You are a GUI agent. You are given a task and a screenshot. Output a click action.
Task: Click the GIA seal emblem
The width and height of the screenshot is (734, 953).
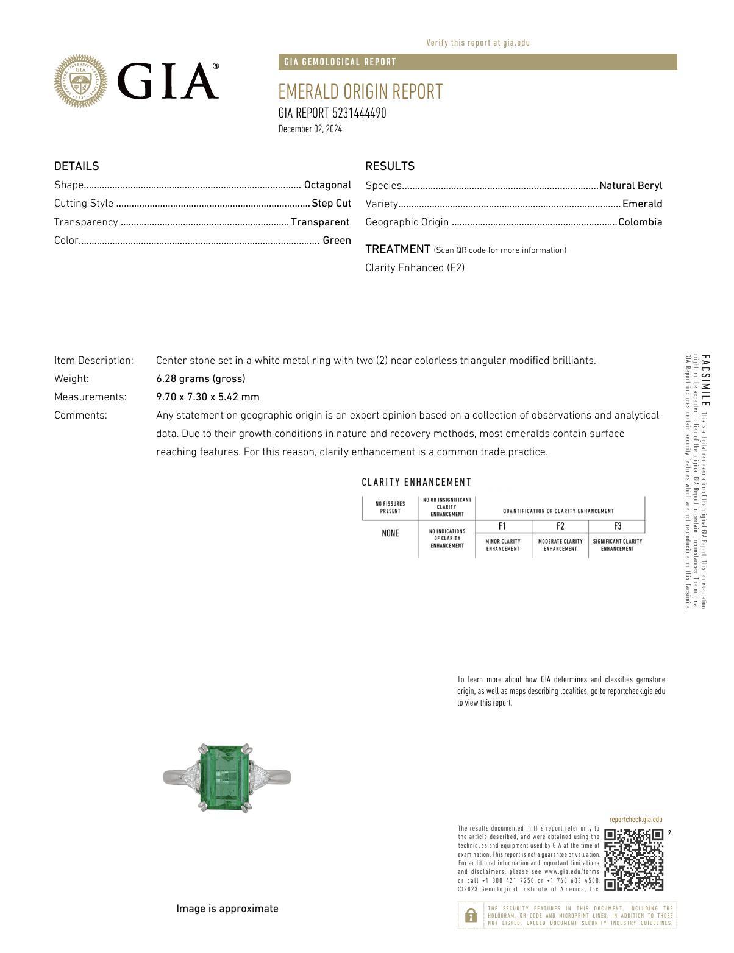[x=80, y=81]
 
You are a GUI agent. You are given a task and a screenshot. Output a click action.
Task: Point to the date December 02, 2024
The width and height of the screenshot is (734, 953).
[x=310, y=129]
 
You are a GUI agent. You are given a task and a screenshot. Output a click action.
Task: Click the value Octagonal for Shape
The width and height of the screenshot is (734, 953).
[x=327, y=185]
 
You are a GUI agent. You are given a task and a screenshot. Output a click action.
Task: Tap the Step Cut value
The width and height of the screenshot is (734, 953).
[x=331, y=204]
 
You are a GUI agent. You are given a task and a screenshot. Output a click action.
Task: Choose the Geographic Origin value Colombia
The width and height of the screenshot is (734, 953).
[x=640, y=222]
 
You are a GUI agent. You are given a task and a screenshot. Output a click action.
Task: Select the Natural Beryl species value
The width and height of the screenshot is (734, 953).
[x=630, y=186]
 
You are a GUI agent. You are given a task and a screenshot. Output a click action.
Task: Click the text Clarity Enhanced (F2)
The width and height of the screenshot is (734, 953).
[x=415, y=268]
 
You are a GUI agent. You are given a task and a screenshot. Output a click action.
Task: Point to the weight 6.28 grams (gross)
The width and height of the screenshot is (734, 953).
[x=201, y=379]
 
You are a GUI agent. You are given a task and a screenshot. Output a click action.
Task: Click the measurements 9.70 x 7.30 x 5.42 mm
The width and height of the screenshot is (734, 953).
[x=207, y=397]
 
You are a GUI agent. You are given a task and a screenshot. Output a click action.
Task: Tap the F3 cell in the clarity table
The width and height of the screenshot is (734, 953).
[x=617, y=526]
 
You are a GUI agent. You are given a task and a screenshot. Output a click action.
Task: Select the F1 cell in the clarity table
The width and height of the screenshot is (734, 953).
[x=502, y=526]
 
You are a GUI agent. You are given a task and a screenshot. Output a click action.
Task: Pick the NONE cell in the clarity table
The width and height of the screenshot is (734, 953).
[x=390, y=534]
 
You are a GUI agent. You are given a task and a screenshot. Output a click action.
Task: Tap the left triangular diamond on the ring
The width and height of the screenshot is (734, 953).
[x=190, y=778]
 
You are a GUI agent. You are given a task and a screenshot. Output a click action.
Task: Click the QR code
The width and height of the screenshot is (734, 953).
[x=633, y=859]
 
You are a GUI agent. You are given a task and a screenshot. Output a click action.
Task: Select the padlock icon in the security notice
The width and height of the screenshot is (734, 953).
[x=471, y=915]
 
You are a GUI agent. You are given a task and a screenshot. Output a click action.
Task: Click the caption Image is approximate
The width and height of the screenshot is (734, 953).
[x=227, y=909]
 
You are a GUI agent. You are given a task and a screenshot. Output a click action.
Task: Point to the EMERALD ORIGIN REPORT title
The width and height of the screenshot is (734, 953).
[x=360, y=92]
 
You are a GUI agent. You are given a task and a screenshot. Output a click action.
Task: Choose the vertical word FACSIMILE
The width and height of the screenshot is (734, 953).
[x=705, y=380]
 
